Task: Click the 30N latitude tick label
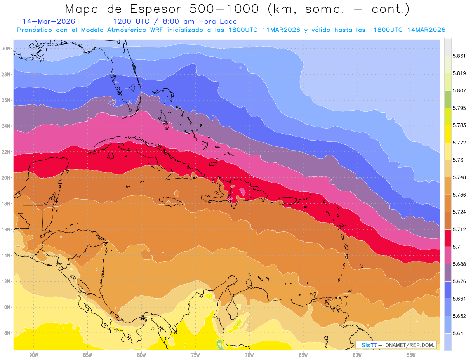point(6,49)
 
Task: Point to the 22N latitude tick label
point(6,152)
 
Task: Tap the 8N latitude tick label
point(7,333)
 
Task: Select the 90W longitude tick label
point(33,355)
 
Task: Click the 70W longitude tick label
point(249,355)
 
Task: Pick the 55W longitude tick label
point(411,355)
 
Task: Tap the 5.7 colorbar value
point(456,247)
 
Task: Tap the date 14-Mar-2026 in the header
point(49,21)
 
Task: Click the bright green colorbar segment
point(448,99)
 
